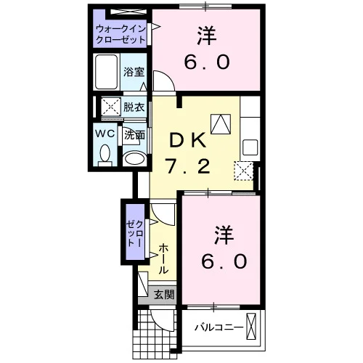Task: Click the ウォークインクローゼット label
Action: click(x=121, y=34)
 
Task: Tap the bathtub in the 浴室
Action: click(x=106, y=72)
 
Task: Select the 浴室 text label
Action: click(x=134, y=72)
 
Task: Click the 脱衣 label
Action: click(x=134, y=107)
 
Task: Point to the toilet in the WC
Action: click(x=105, y=155)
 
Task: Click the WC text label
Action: click(x=105, y=133)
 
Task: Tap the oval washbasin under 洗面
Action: click(x=134, y=159)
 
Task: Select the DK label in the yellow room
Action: click(x=188, y=140)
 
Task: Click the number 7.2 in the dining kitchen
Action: click(x=188, y=166)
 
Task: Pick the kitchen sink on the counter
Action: click(x=250, y=147)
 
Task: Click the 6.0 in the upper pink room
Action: click(x=207, y=62)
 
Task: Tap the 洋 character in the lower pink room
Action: click(x=224, y=235)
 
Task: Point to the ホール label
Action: click(x=163, y=258)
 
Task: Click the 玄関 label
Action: click(x=164, y=294)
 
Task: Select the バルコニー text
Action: click(x=219, y=328)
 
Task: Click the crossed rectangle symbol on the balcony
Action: click(x=251, y=326)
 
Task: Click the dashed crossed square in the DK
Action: click(x=243, y=171)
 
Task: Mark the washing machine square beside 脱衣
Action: click(x=110, y=107)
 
